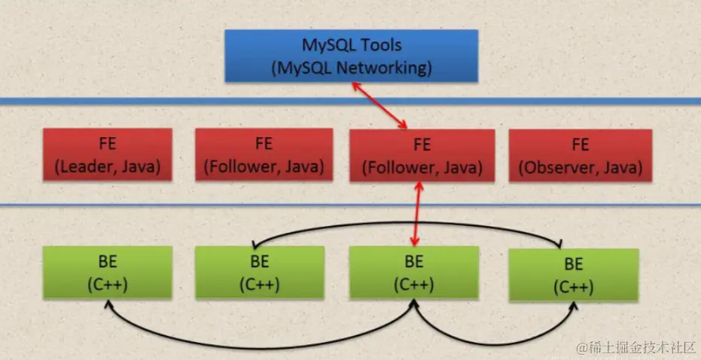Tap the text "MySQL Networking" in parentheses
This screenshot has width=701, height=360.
pos(351,68)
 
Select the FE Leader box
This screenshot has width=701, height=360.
pos(107,155)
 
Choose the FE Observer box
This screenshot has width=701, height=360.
pos(579,155)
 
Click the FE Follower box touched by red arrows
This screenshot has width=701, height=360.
pos(422,155)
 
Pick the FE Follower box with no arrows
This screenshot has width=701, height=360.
pos(264,155)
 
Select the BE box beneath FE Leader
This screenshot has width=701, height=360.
pos(107,272)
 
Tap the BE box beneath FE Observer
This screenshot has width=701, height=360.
pos(574,275)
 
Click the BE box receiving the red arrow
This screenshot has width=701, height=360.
pos(414,273)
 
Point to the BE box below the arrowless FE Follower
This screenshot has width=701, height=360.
pos(261,273)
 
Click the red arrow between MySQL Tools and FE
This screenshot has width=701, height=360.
pos(380,105)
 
